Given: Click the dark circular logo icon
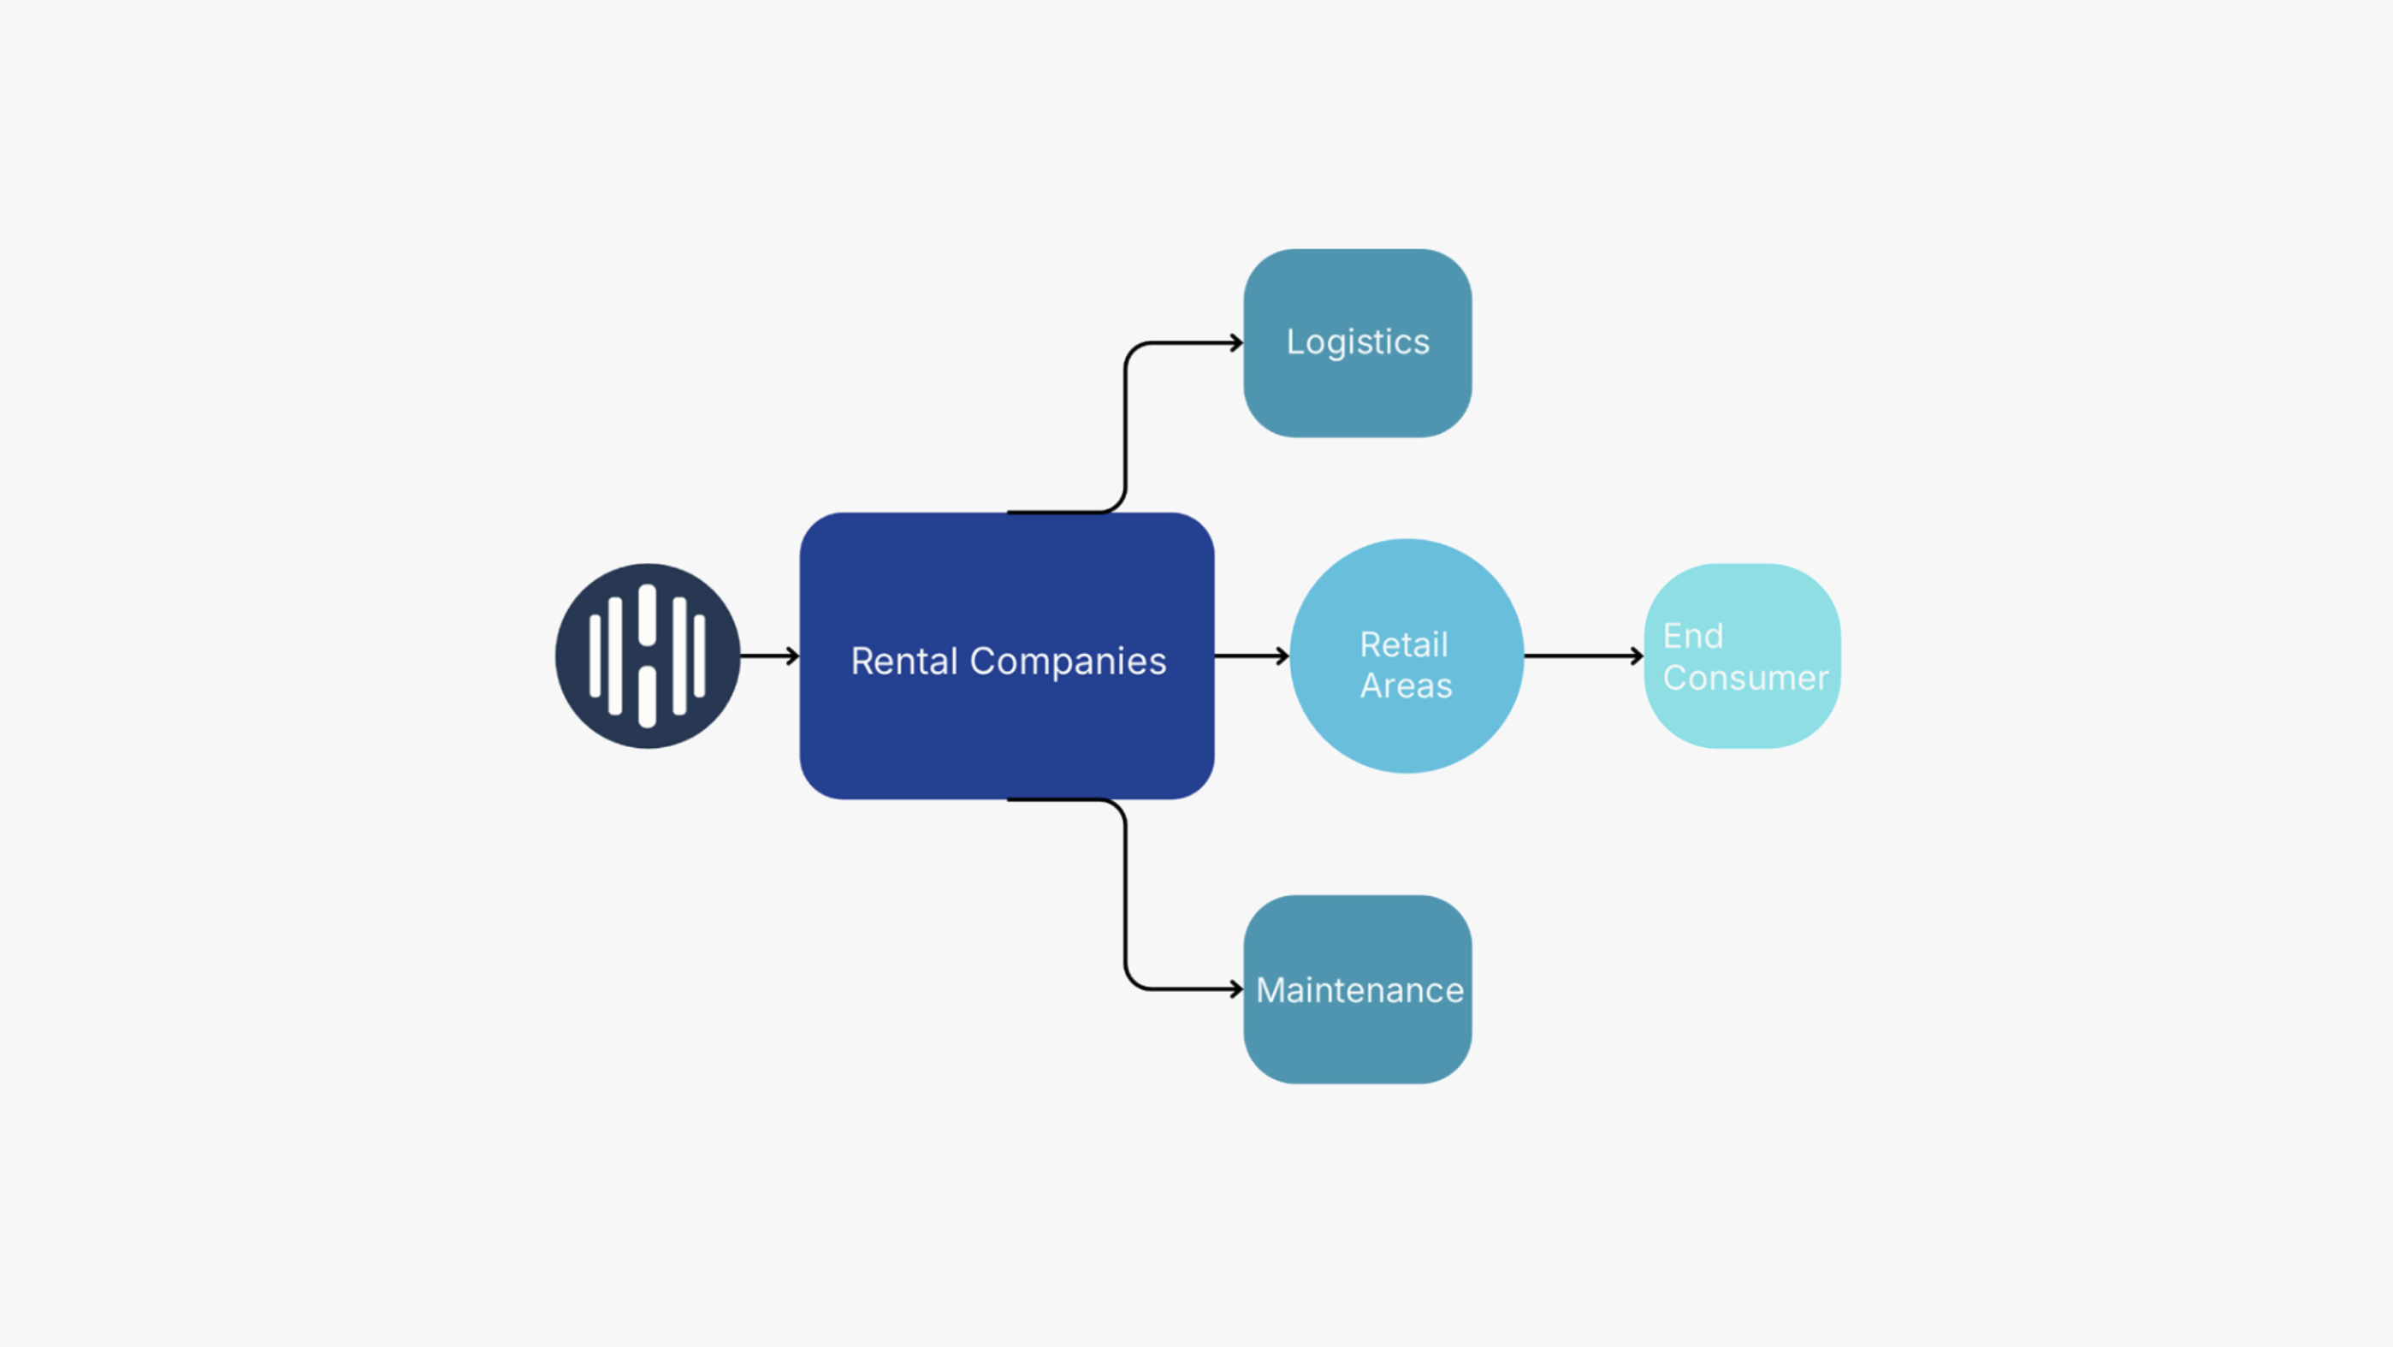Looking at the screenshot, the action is pos(648,656).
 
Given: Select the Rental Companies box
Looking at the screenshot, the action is pos(1007,656).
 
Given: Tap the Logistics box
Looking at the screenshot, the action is pos(1357,343).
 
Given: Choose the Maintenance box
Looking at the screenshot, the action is pos(1357,989).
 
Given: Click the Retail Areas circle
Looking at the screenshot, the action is pos(1407,656).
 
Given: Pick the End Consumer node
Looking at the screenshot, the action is pos(1742,656).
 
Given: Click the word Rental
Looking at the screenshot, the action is pos(903,662).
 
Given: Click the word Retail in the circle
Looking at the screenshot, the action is pos(1404,644).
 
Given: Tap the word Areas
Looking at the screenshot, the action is pos(1407,685).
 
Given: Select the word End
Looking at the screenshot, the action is pos(1692,637).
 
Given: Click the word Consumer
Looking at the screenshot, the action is pos(1745,678).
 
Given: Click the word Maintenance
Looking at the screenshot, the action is pos(1360,990).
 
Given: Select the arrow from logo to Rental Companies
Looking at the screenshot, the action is pos(770,656).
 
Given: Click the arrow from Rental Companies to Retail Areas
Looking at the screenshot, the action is pos(1253,656).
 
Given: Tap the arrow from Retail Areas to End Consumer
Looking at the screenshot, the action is pos(1584,656).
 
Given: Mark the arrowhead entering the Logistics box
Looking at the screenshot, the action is pos(1237,343).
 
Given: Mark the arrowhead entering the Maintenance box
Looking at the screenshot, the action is pos(1237,989).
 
